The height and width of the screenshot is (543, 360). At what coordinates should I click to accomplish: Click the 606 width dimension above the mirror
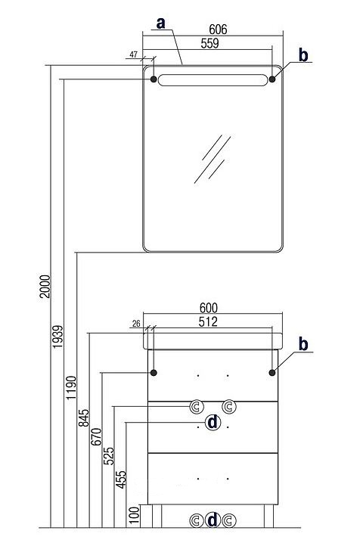(x=218, y=29)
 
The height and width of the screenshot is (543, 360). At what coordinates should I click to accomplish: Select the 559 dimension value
(x=209, y=43)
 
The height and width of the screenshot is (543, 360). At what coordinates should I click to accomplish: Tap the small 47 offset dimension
(x=134, y=54)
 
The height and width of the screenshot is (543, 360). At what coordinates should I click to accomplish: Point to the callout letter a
(x=160, y=23)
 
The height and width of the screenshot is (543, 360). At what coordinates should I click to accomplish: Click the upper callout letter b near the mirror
(x=303, y=55)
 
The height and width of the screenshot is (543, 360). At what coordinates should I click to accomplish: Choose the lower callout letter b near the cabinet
(x=303, y=344)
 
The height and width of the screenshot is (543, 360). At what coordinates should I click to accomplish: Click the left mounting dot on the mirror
(x=154, y=79)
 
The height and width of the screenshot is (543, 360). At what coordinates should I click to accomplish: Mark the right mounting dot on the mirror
(x=272, y=79)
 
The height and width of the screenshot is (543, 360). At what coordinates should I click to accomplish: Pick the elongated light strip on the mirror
(x=213, y=80)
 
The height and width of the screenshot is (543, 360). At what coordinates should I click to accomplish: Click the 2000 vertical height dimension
(x=45, y=287)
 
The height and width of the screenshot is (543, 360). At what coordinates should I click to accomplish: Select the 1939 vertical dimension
(x=58, y=337)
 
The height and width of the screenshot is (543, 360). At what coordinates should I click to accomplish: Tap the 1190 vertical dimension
(x=71, y=387)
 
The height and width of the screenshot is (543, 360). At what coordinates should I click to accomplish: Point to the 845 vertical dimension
(x=84, y=417)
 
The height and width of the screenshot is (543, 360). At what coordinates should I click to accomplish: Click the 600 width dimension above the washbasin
(x=209, y=308)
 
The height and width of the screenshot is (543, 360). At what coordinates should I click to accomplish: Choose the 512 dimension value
(x=208, y=321)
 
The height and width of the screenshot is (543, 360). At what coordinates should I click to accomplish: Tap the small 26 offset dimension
(x=136, y=324)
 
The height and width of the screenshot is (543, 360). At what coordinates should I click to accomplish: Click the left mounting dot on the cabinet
(x=154, y=373)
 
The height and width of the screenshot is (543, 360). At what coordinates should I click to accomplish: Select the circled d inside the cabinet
(x=213, y=423)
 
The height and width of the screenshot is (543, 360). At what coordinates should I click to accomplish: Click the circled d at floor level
(x=213, y=520)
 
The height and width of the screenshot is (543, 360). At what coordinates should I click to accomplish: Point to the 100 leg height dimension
(x=135, y=515)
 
